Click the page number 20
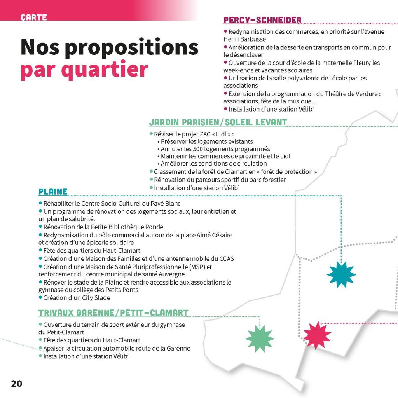click(16, 383)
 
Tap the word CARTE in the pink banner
click(34, 17)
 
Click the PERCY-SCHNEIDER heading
click(262, 20)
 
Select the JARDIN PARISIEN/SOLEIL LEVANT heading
click(218, 122)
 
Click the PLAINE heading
click(53, 192)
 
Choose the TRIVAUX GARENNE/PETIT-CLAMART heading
click(113, 313)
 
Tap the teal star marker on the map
click(342, 274)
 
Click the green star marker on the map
click(260, 339)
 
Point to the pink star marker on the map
click(317, 335)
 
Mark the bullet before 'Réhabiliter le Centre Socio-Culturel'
click(40, 203)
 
